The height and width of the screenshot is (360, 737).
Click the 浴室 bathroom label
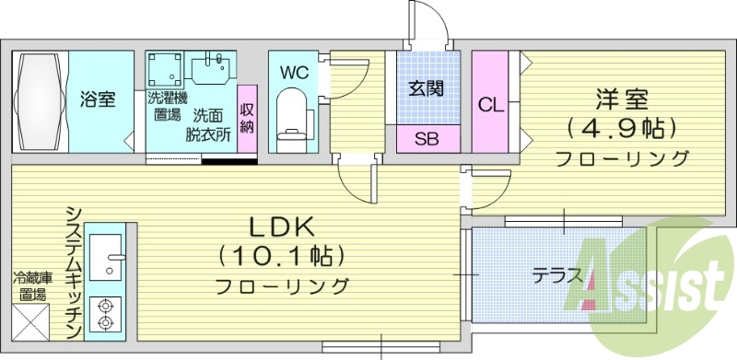tap(97, 99)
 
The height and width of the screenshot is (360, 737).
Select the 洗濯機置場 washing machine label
tap(167, 106)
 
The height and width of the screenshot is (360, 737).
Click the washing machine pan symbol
tap(167, 68)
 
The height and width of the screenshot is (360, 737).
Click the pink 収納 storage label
tap(247, 118)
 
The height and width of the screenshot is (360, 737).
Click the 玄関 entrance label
tap(427, 88)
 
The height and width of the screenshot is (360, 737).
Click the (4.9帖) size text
tap(621, 126)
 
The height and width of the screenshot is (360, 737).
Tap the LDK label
tap(282, 226)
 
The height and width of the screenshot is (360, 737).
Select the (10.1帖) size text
tap(282, 254)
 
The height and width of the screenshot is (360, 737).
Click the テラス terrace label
tap(556, 274)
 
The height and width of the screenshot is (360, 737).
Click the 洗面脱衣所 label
tap(208, 124)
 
